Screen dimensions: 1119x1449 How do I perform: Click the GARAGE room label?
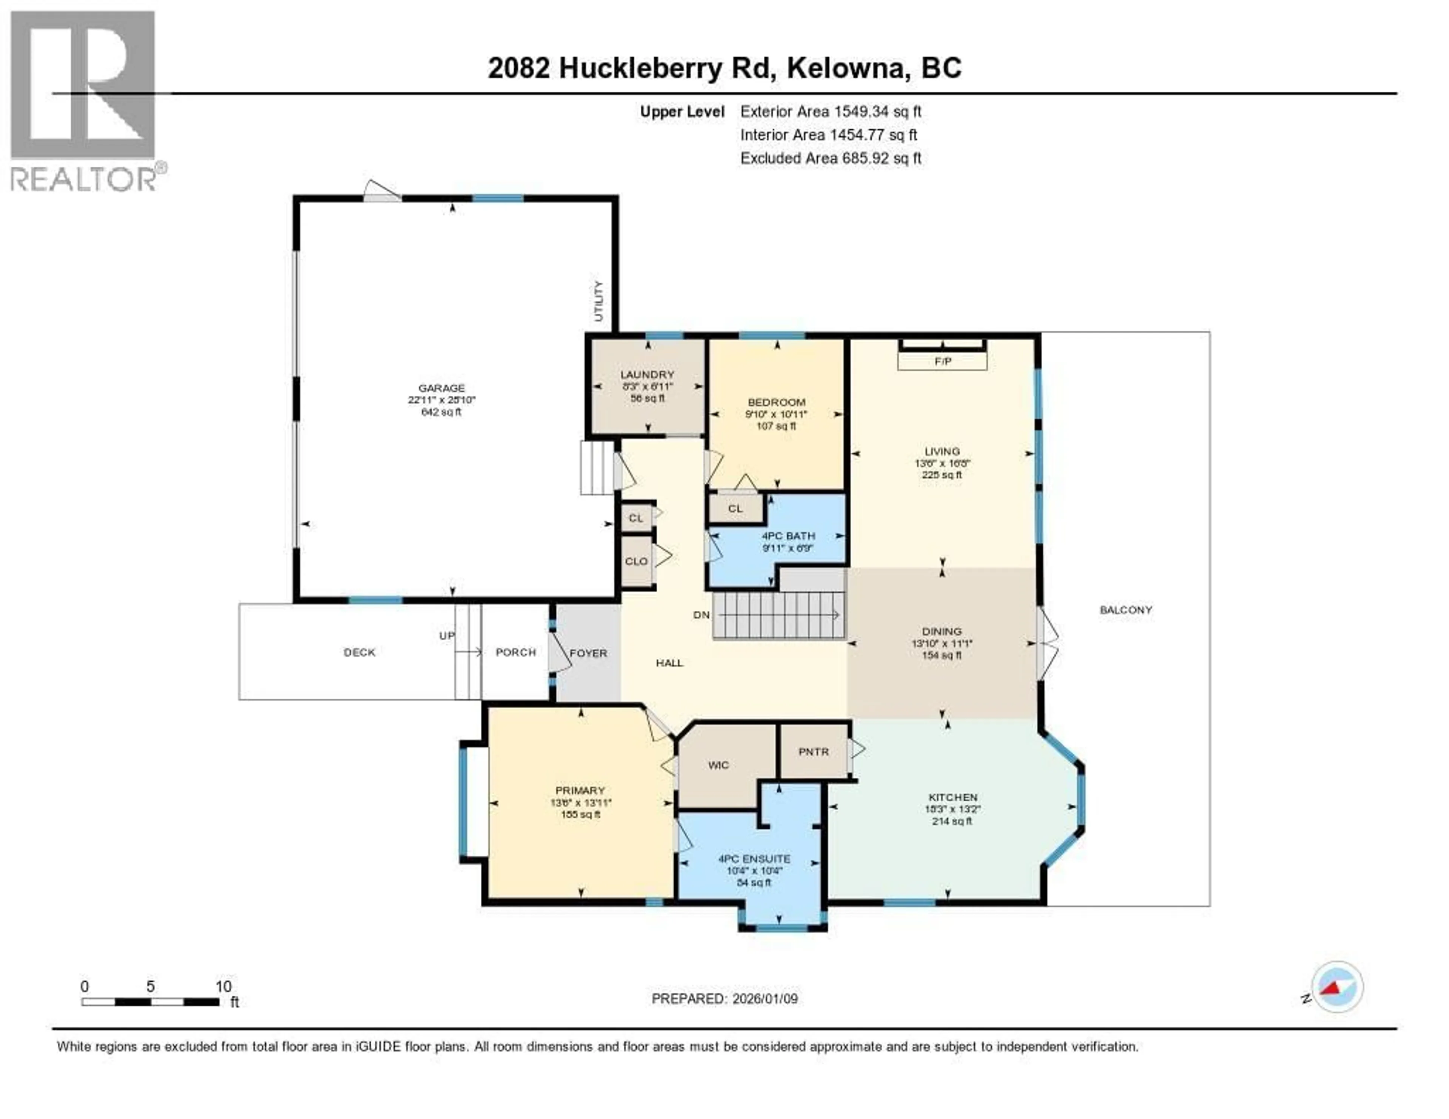tap(441, 388)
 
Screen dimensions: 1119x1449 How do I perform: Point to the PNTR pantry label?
tap(814, 752)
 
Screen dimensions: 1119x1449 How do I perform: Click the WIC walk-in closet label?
tap(718, 765)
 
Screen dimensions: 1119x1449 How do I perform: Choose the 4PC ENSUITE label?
tap(754, 858)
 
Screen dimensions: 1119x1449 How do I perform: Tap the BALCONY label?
tap(1126, 610)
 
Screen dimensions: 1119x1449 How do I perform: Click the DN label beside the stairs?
tap(701, 615)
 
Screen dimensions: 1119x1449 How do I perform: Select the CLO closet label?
tap(636, 561)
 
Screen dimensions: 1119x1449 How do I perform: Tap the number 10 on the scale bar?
tap(224, 986)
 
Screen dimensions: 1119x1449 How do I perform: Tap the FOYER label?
tap(589, 653)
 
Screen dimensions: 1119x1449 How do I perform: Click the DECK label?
tap(360, 653)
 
